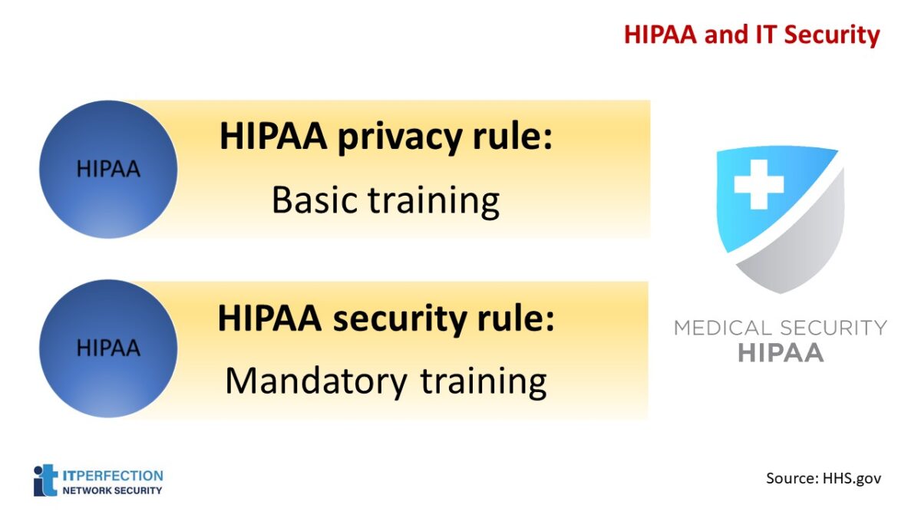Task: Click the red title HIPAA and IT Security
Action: tap(751, 35)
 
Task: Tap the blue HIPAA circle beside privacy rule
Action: tap(108, 169)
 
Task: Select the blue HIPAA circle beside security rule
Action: tap(108, 348)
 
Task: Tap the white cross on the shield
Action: tap(758, 184)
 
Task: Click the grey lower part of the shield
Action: tap(798, 246)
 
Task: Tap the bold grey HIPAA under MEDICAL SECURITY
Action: tap(780, 353)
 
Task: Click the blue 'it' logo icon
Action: tap(45, 480)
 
